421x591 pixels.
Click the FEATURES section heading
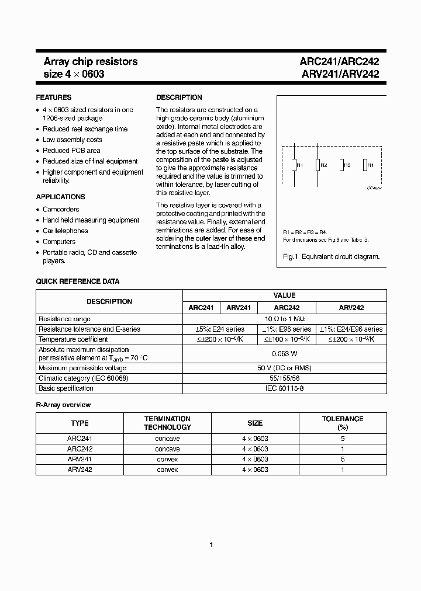[54, 98]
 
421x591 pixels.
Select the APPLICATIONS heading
[60, 197]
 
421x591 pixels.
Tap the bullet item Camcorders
[61, 209]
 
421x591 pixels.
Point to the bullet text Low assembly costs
[73, 140]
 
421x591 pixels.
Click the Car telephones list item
[65, 231]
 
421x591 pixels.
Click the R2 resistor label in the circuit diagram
[324, 166]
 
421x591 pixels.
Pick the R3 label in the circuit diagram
[347, 166]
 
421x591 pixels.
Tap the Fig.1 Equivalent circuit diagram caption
[331, 256]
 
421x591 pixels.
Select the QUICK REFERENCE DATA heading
[78, 281]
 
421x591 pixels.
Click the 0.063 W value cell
[285, 354]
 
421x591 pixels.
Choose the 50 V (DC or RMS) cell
[285, 368]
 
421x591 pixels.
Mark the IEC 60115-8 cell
[285, 388]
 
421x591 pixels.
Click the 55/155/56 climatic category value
[285, 378]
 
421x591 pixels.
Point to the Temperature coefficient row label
[73, 339]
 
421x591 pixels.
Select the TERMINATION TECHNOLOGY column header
[167, 423]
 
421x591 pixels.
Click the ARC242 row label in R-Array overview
[80, 449]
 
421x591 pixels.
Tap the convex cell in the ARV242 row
[167, 470]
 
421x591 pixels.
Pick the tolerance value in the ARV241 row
[342, 460]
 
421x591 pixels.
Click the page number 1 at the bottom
[210, 545]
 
